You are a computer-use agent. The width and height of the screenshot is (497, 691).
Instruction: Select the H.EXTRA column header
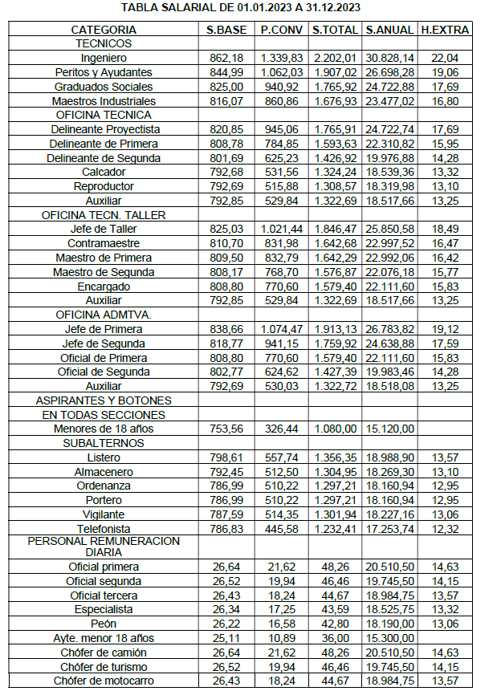click(x=445, y=30)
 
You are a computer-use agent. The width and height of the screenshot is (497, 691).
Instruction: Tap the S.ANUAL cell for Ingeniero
click(x=389, y=58)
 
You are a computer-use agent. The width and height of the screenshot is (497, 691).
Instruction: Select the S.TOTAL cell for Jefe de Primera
click(x=334, y=329)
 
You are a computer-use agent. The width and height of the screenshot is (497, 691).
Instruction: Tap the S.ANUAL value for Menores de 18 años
click(x=389, y=429)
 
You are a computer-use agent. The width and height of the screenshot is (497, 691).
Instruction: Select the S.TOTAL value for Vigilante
click(x=334, y=514)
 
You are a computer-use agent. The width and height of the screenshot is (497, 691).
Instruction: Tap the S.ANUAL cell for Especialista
click(x=389, y=609)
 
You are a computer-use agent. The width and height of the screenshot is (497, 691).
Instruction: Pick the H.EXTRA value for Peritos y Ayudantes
click(x=445, y=72)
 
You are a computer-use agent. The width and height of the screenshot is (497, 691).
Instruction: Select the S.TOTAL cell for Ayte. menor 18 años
click(x=334, y=637)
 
